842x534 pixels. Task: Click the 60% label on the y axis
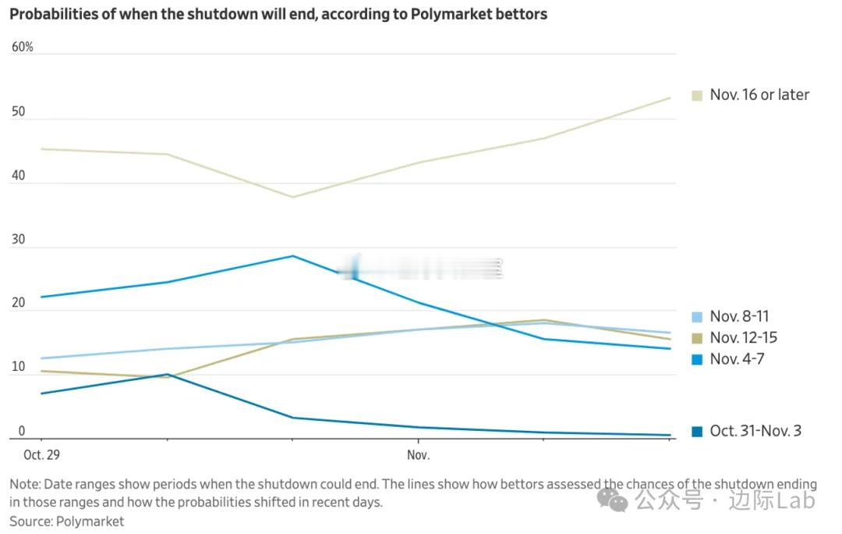tap(23, 48)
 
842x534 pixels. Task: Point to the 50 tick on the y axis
tap(18, 112)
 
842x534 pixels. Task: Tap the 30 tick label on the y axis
tap(18, 240)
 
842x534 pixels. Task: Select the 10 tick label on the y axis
tap(17, 368)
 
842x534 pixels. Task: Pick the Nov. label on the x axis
tap(419, 454)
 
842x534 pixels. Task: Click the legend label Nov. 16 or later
tap(759, 95)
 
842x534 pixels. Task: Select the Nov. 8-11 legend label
tap(739, 317)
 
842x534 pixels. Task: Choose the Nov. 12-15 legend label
tap(743, 338)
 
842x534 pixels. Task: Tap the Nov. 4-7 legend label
tap(736, 360)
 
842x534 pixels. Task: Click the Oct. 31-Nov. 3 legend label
tap(755, 431)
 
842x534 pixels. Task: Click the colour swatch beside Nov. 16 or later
tap(697, 95)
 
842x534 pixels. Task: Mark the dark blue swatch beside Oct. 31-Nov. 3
tap(697, 431)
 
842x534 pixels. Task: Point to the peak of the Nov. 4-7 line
tap(292, 256)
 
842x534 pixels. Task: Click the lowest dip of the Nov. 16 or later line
tap(292, 197)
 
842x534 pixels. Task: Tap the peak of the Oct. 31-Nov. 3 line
tap(168, 375)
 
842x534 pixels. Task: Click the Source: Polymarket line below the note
tap(67, 521)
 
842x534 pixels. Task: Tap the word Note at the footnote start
tap(23, 485)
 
